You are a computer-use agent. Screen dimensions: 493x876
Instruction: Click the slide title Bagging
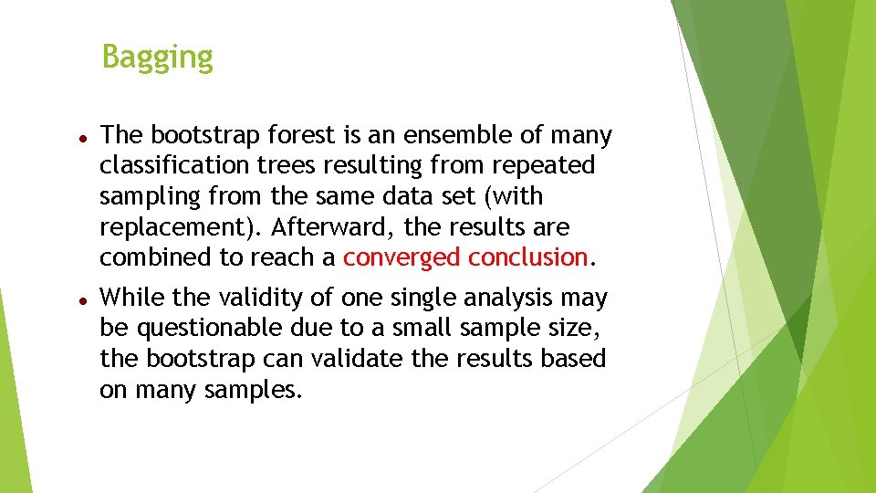[x=157, y=57]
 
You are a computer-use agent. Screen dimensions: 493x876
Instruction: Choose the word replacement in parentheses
[x=170, y=227]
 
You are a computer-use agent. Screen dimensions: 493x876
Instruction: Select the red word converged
[x=401, y=257]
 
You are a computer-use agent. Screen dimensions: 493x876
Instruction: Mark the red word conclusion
[x=527, y=257]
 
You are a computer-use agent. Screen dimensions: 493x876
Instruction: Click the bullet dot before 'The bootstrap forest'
[x=82, y=136]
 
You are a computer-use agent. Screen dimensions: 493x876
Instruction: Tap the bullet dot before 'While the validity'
[x=82, y=299]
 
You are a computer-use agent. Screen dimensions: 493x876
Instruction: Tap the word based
[x=575, y=359]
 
